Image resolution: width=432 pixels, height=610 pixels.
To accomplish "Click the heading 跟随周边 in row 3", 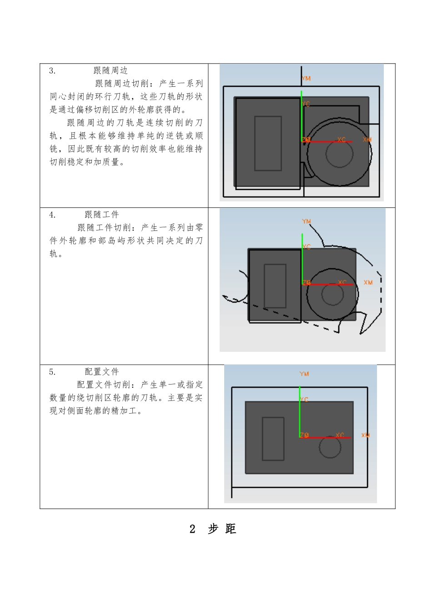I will (111, 70).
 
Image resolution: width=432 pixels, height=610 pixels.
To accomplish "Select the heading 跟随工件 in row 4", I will (102, 215).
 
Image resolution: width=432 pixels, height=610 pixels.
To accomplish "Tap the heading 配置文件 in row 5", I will (102, 372).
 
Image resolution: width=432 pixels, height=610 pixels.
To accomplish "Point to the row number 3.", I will (52, 70).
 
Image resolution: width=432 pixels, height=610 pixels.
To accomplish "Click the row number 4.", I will (52, 215).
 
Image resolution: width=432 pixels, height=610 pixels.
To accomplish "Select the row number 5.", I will (52, 372).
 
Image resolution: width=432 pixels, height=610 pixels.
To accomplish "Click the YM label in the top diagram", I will (306, 79).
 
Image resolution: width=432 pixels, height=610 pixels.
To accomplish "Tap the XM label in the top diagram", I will (367, 140).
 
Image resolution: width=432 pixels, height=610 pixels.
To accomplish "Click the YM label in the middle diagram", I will (306, 221).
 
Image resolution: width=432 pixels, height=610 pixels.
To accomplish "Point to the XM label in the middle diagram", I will (368, 283).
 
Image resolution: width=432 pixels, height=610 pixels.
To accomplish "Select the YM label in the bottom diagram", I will (304, 374).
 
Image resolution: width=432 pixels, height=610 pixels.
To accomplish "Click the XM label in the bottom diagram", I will (365, 435).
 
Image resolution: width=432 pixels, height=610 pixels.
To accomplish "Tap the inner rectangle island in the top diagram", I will (268, 143).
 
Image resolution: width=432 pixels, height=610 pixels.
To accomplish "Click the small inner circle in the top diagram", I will (339, 154).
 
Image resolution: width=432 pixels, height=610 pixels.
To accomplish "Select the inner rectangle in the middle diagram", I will (275, 286).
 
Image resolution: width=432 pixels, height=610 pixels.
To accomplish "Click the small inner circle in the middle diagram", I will (332, 294).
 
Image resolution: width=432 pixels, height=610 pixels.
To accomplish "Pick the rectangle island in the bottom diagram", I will (273, 439).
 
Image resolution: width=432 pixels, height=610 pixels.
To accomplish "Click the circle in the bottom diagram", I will (330, 448).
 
